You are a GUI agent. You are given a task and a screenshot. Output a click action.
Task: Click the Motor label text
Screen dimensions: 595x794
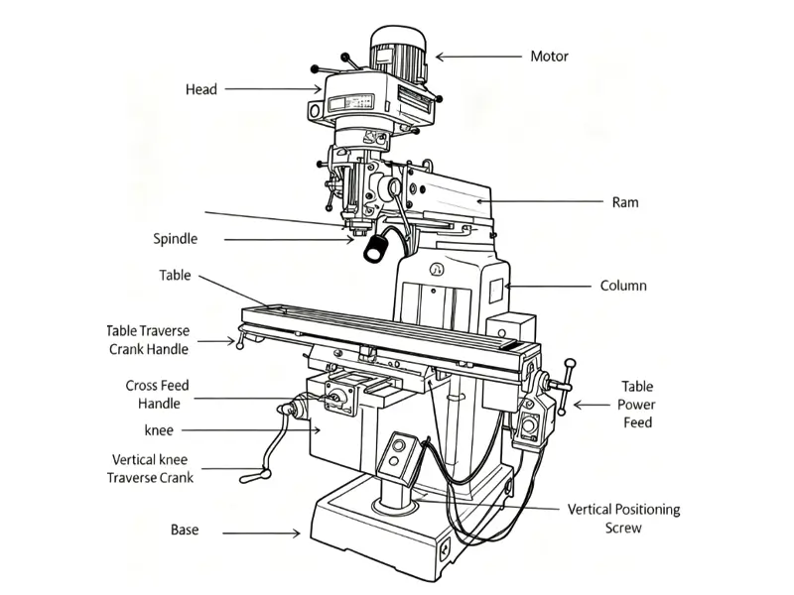click(x=549, y=57)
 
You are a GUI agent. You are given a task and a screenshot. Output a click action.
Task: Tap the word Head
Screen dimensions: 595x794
click(x=200, y=90)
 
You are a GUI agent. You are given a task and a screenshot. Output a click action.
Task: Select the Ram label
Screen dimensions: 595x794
click(x=625, y=202)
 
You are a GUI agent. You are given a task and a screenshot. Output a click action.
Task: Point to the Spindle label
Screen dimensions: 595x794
click(x=176, y=239)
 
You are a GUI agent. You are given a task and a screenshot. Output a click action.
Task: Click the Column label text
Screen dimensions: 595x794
click(x=623, y=286)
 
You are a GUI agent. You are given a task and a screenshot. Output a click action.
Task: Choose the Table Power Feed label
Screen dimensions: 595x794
click(x=637, y=405)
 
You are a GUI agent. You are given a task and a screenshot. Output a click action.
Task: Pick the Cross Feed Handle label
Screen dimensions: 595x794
click(x=158, y=395)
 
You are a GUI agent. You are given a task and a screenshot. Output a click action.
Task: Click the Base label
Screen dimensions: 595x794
click(x=185, y=531)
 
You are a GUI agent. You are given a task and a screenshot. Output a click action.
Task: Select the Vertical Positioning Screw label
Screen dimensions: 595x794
click(x=623, y=519)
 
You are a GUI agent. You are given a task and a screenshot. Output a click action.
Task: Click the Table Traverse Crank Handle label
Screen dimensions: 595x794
click(x=148, y=340)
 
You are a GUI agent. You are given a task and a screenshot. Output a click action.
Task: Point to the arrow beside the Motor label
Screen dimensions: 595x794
click(x=478, y=57)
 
